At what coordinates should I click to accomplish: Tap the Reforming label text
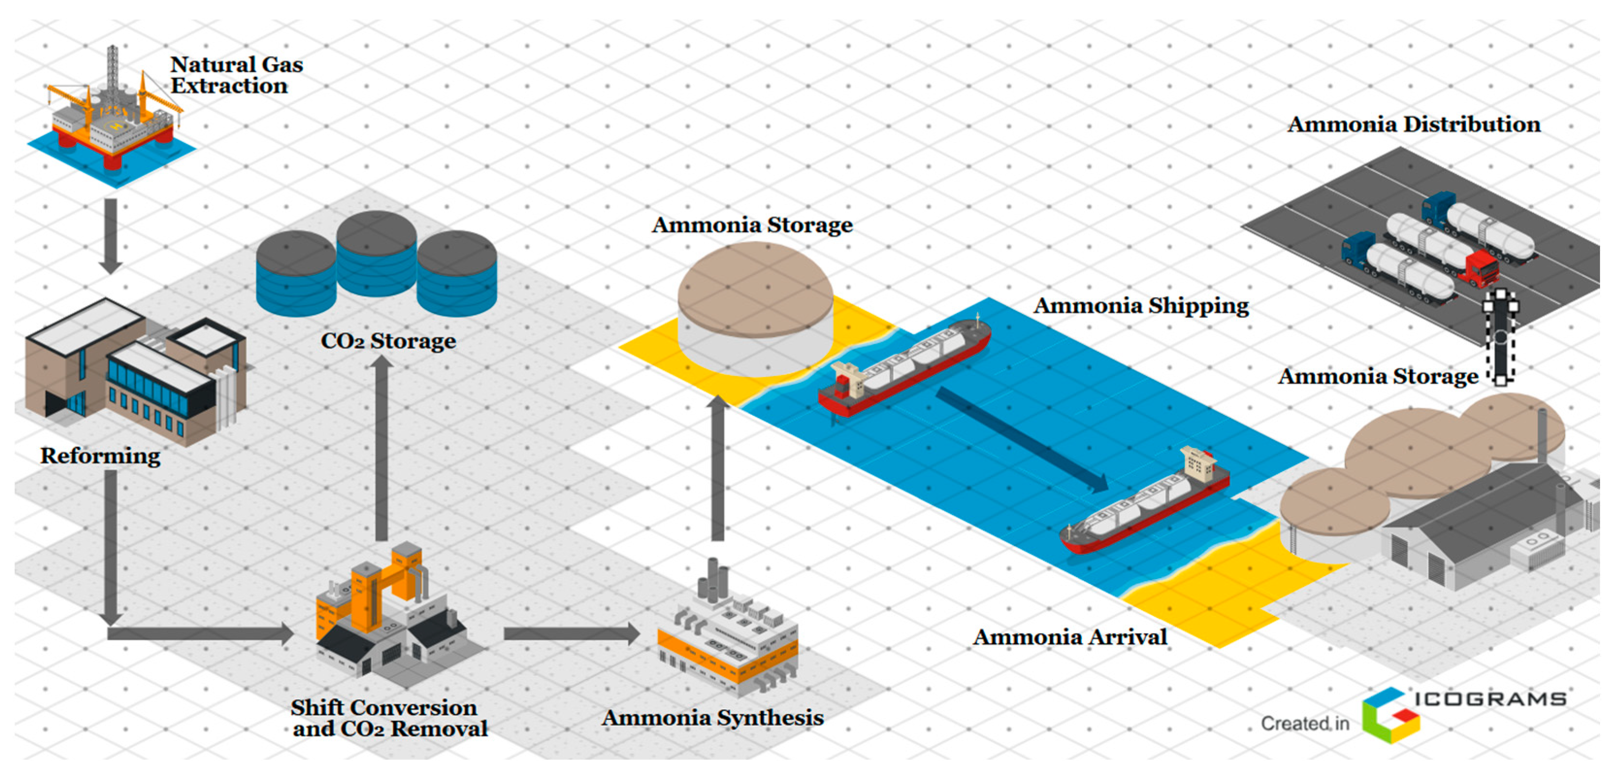pyautogui.click(x=100, y=456)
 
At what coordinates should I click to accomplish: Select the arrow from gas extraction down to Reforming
pyautogui.click(x=111, y=235)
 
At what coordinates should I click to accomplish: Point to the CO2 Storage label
pyautogui.click(x=388, y=342)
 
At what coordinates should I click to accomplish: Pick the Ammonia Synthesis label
pyautogui.click(x=712, y=718)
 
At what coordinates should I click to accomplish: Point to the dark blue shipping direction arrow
pyautogui.click(x=1021, y=439)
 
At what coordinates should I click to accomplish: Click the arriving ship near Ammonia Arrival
pyautogui.click(x=1146, y=501)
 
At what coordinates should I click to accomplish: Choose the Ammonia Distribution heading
pyautogui.click(x=1414, y=124)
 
